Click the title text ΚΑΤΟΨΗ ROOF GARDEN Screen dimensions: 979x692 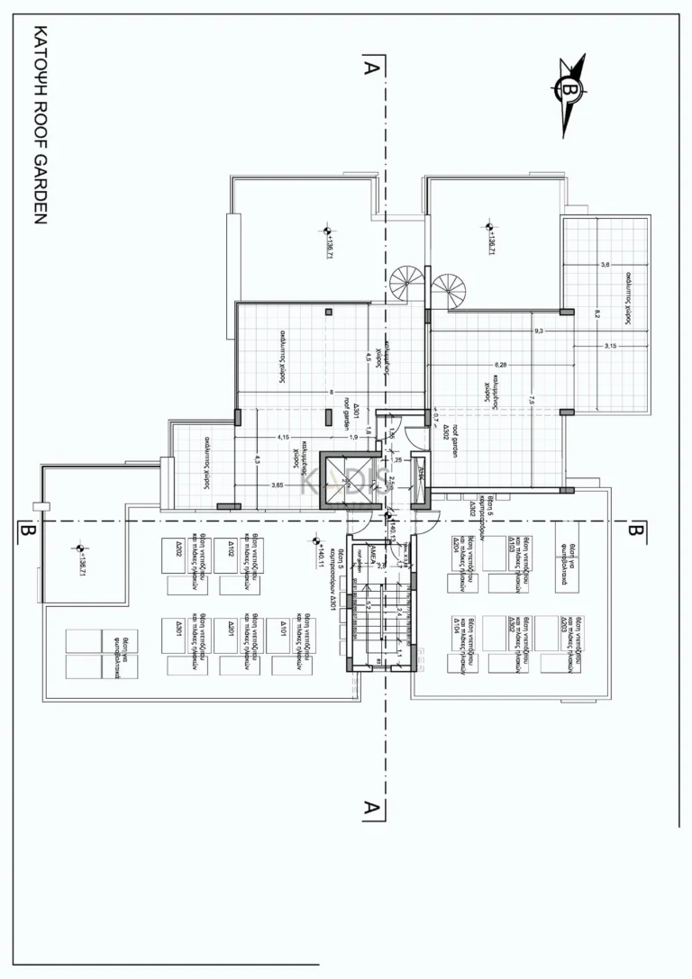(x=39, y=125)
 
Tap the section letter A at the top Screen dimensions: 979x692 (x=369, y=67)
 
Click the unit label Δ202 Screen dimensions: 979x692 (x=178, y=550)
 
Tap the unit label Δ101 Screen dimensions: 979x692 (x=283, y=626)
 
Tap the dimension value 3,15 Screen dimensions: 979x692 (x=610, y=346)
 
